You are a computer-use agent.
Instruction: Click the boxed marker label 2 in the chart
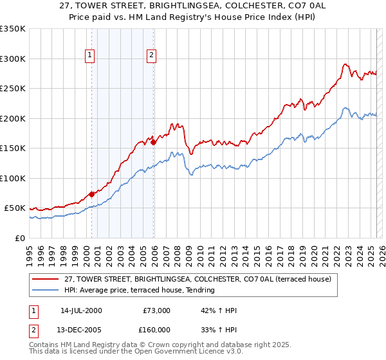[151, 56]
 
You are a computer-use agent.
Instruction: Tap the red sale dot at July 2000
[92, 194]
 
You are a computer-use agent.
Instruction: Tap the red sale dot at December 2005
[154, 142]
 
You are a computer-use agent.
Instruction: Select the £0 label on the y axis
[19, 238]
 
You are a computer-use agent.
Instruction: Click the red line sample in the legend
[45, 279]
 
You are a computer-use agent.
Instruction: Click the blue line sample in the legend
[45, 291]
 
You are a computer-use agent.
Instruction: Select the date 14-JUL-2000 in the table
[81, 310]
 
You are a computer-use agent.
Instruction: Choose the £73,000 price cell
[155, 310]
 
